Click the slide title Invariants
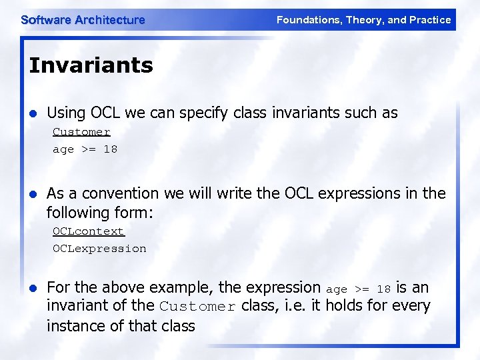(91, 65)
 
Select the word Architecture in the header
(109, 20)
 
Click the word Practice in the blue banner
(430, 20)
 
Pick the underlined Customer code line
(81, 132)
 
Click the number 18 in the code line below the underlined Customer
(110, 149)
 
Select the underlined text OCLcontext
(89, 231)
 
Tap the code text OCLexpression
(99, 249)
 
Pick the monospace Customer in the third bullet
(197, 307)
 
